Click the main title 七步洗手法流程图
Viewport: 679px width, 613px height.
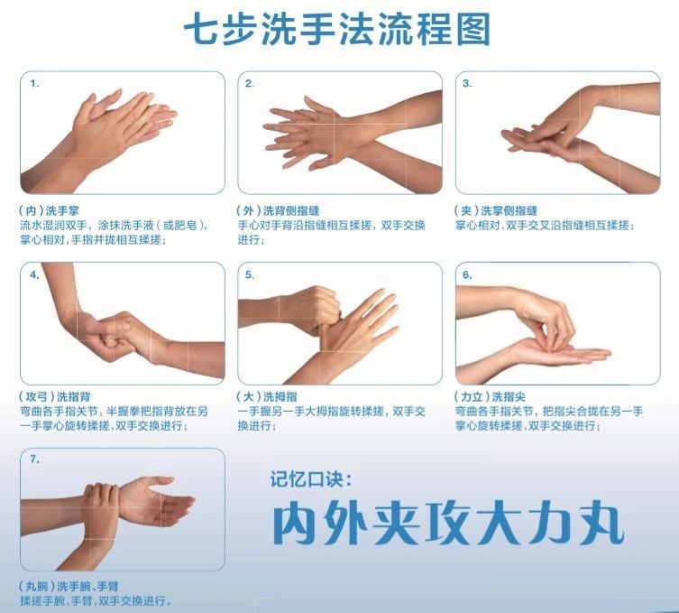pyautogui.click(x=337, y=30)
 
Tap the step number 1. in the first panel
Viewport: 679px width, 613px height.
pyautogui.click(x=34, y=84)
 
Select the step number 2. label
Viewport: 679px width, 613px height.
pyautogui.click(x=250, y=84)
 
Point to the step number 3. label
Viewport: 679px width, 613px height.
pyautogui.click(x=467, y=84)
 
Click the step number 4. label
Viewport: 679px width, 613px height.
pyautogui.click(x=34, y=274)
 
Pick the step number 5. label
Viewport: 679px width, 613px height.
pyautogui.click(x=250, y=274)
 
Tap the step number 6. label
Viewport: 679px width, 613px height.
pyautogui.click(x=467, y=274)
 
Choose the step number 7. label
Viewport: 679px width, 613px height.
pyautogui.click(x=34, y=460)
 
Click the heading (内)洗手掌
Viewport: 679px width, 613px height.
pyautogui.click(x=49, y=211)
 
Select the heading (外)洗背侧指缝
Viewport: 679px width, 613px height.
pyautogui.click(x=278, y=211)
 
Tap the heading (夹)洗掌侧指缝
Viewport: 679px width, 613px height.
pyautogui.click(x=496, y=211)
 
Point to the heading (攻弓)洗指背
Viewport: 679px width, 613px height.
pyautogui.click(x=55, y=396)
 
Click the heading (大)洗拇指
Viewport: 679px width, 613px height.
pyautogui.click(x=267, y=396)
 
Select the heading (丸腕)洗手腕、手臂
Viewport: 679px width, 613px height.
pyautogui.click(x=69, y=587)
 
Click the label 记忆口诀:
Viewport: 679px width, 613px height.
pyautogui.click(x=311, y=479)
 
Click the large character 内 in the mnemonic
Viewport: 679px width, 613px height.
pyautogui.click(x=297, y=523)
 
